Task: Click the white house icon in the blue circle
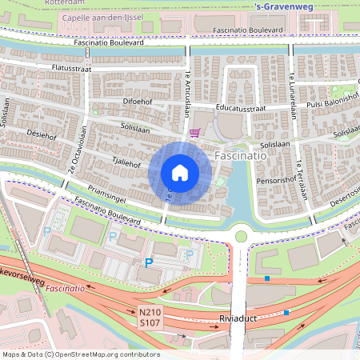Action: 180,173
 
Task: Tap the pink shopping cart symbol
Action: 194,134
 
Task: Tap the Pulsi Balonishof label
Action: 328,103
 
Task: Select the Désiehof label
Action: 41,134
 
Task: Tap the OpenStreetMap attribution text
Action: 81,354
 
